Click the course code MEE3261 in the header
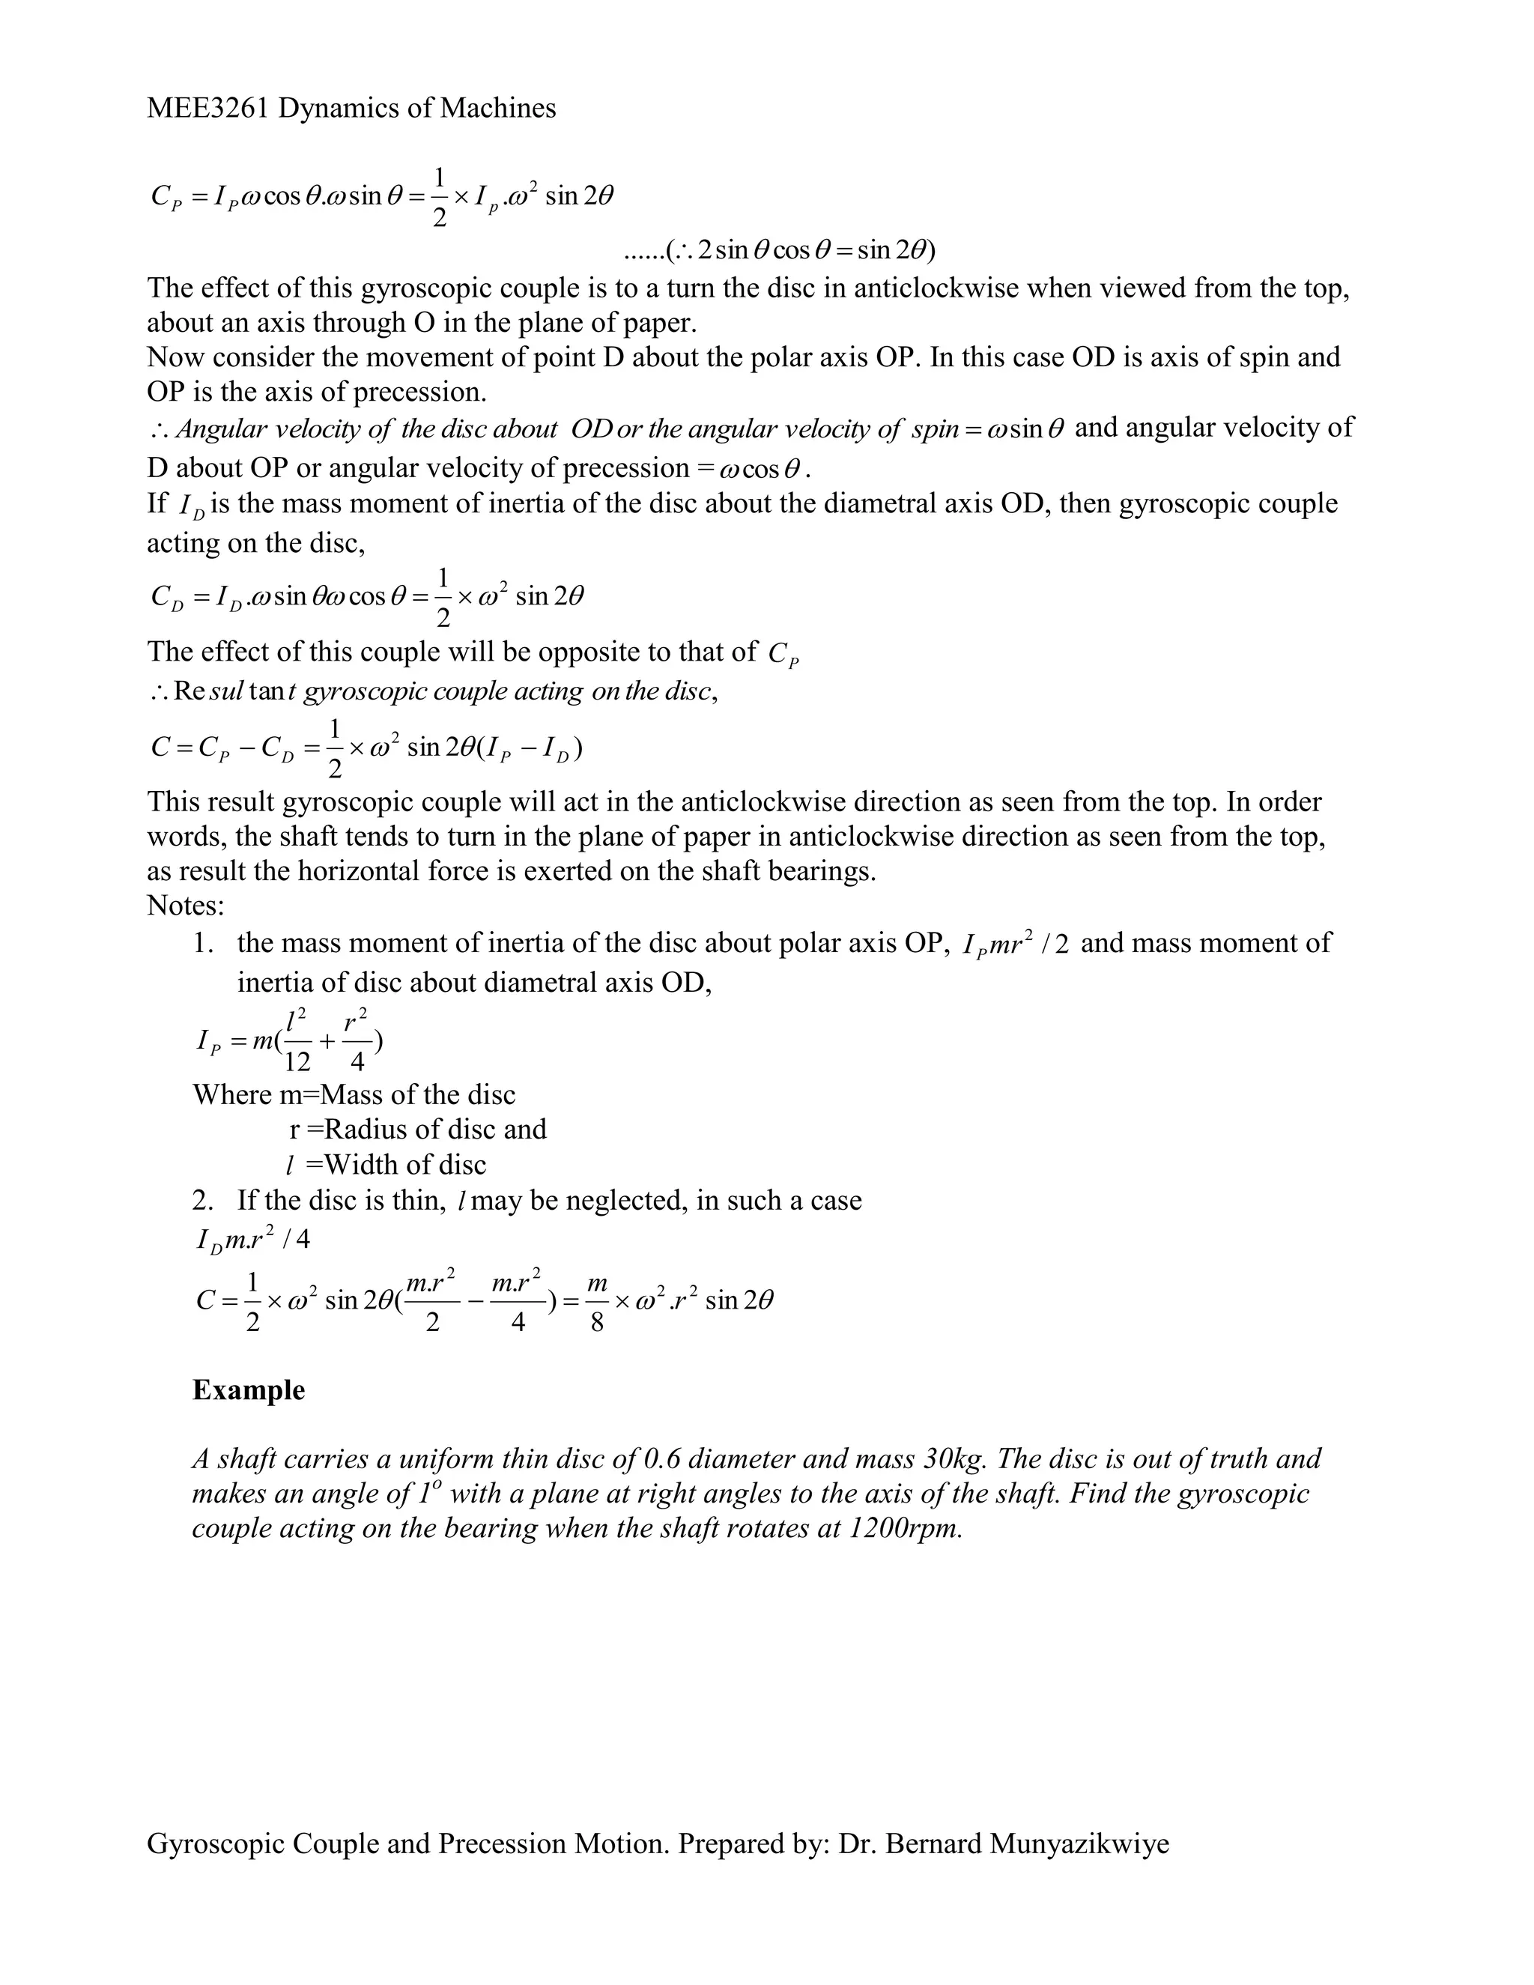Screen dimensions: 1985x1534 (x=208, y=108)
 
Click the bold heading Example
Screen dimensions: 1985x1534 (x=248, y=1389)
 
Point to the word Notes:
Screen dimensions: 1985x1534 (x=186, y=906)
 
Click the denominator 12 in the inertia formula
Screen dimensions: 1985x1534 (x=297, y=1061)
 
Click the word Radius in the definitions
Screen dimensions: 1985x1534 (x=363, y=1129)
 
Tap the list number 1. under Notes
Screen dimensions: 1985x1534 (x=204, y=942)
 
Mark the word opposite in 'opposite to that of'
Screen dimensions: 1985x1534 (x=588, y=652)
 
